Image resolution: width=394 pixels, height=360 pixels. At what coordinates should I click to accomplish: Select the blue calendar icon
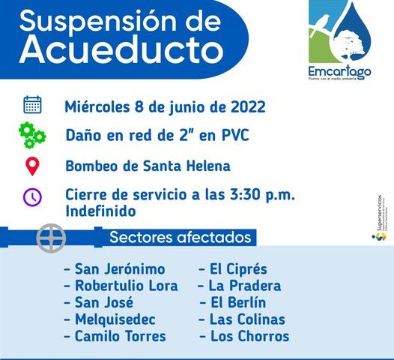[32, 105]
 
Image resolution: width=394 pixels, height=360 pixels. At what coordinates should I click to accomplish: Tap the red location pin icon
[32, 166]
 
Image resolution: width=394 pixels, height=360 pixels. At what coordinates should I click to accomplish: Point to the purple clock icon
[32, 196]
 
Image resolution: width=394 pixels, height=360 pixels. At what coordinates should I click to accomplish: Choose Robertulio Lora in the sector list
[125, 286]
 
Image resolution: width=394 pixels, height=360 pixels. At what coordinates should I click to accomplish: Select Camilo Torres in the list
[119, 336]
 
